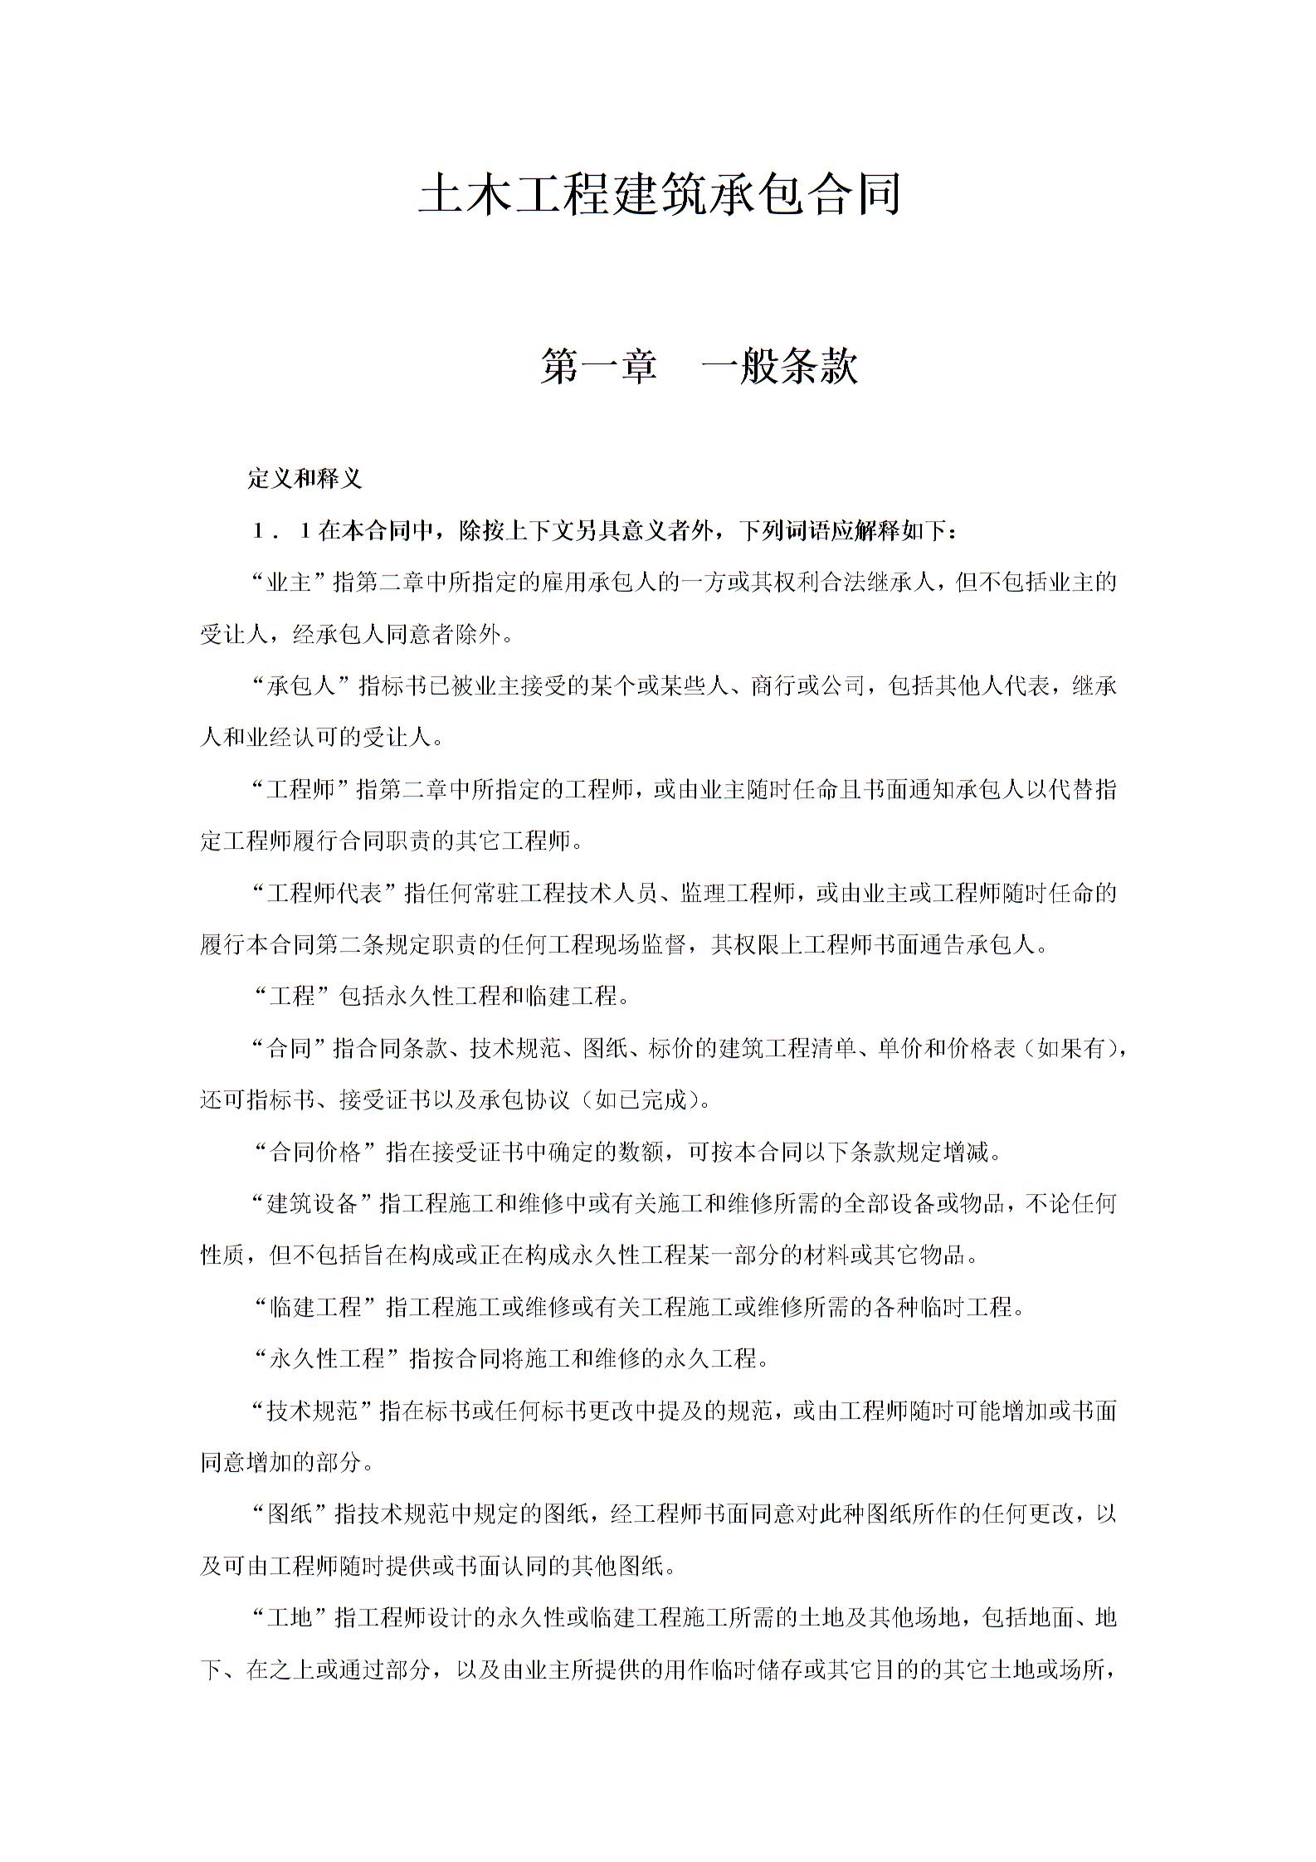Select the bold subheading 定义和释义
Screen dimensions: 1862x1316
[x=305, y=479]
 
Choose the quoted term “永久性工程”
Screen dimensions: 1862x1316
[x=324, y=1359]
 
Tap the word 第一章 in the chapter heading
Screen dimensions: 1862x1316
[x=597, y=367]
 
